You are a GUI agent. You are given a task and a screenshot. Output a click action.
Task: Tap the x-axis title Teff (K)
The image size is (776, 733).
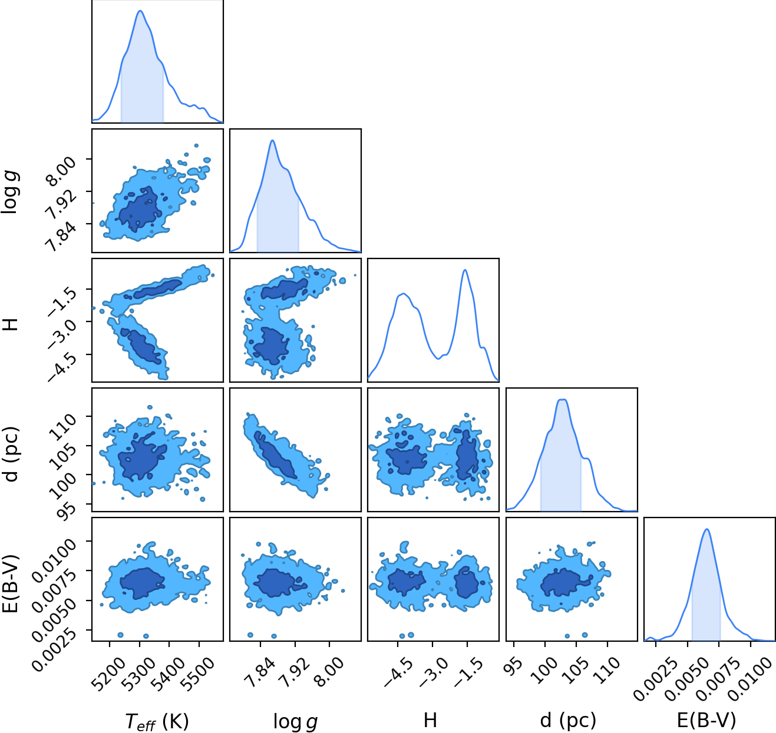tap(157, 721)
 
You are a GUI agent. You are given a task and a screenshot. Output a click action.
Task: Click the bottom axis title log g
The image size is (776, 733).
tap(295, 721)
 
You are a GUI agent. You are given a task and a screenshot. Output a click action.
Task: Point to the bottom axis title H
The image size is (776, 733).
tap(430, 721)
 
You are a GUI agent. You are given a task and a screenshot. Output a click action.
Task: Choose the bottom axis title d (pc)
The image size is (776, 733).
tap(567, 721)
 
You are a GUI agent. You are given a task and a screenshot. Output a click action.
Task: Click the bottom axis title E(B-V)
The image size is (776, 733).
tap(706, 721)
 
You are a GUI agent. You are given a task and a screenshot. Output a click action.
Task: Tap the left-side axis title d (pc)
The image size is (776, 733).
tap(11, 455)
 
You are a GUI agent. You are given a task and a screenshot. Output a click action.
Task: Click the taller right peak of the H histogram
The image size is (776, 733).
tap(465, 270)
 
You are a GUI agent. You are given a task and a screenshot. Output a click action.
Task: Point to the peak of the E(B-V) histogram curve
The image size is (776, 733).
tap(706, 529)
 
